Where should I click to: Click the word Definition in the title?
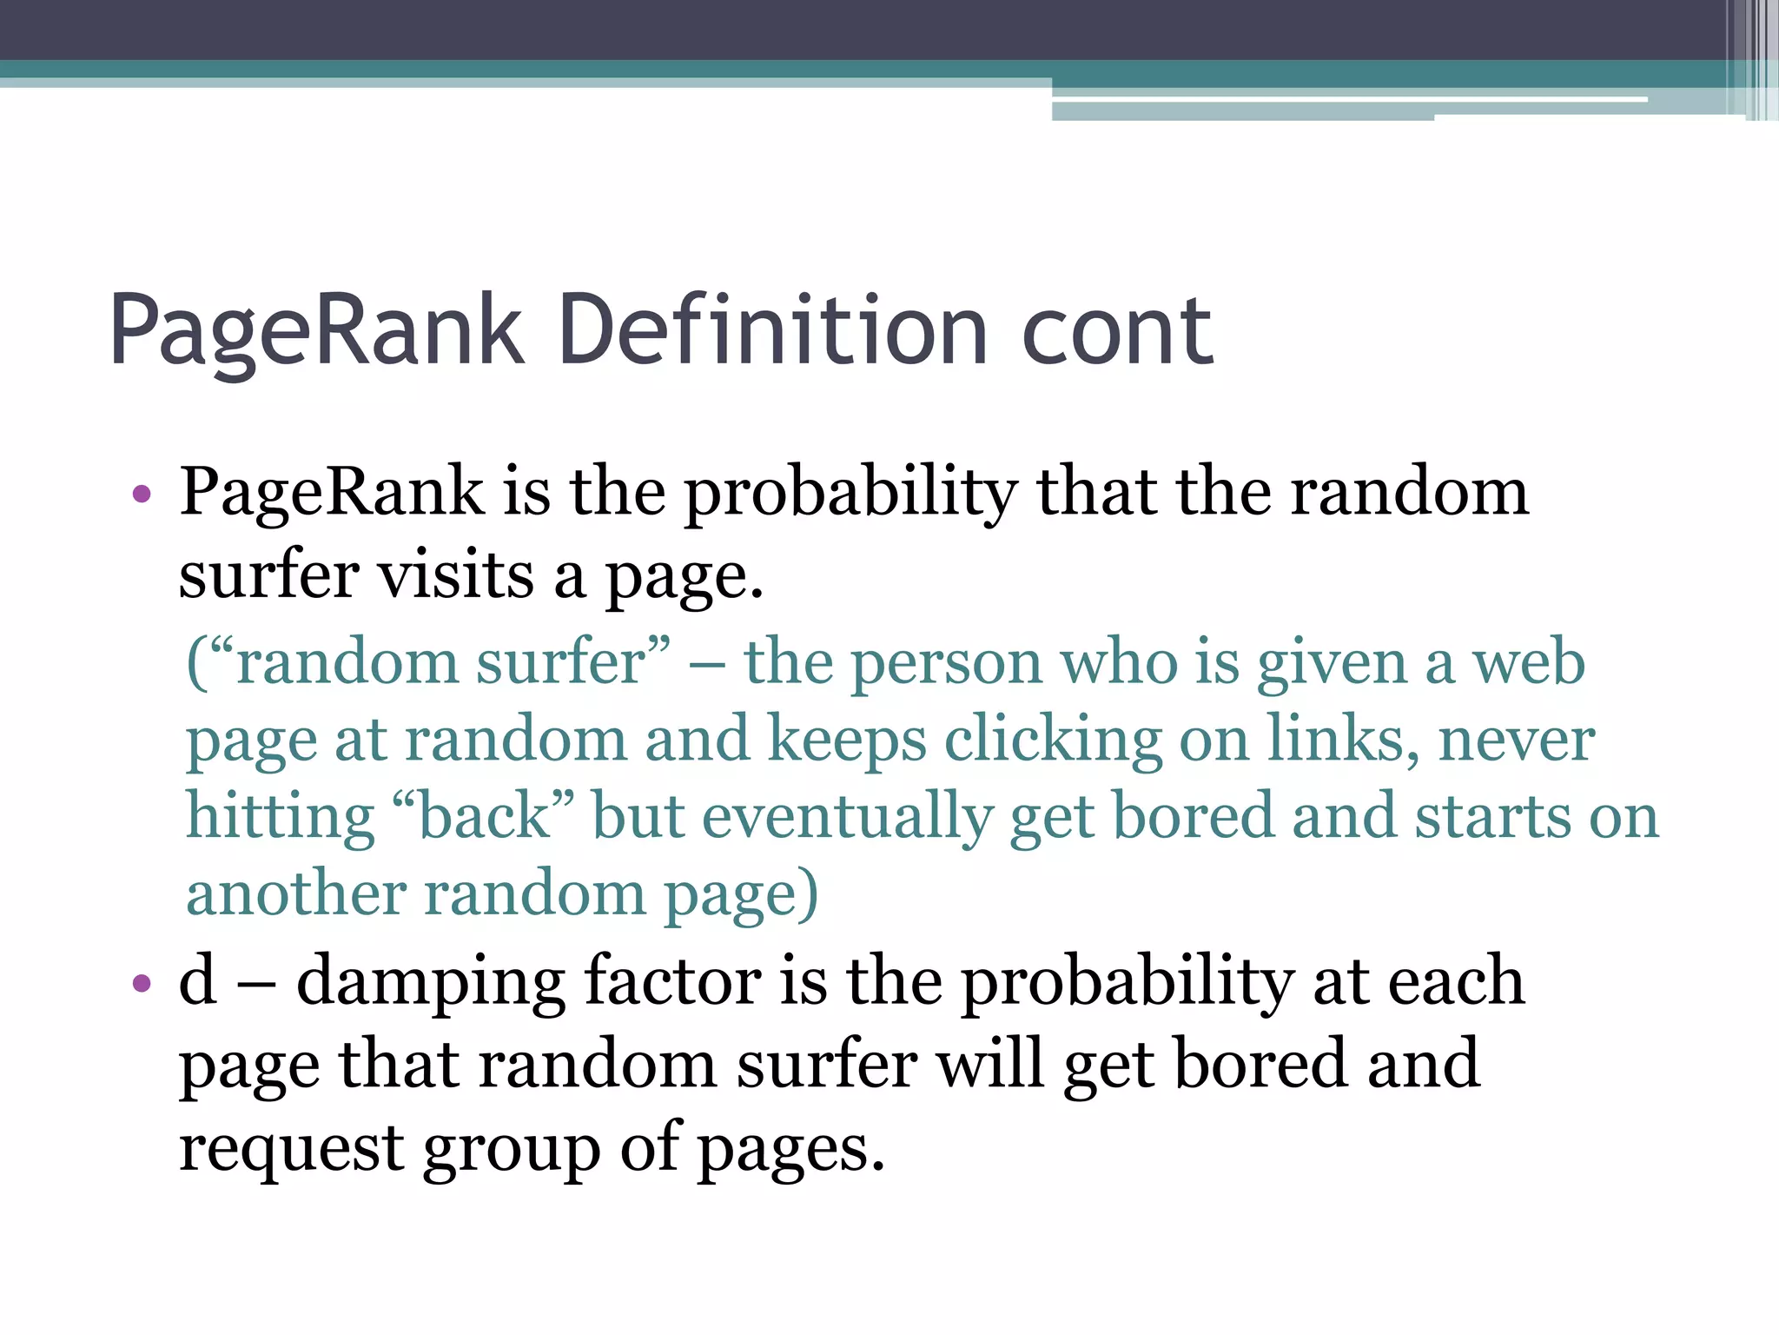(x=773, y=331)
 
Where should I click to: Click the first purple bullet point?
(x=142, y=495)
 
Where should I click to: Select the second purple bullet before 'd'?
(x=142, y=984)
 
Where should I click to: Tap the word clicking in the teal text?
(x=1053, y=741)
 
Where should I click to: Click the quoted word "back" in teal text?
(x=484, y=817)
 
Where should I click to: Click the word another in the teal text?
(x=296, y=893)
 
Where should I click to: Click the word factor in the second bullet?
(x=672, y=980)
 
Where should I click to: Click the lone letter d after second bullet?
(x=198, y=980)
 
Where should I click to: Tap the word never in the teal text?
(x=1516, y=741)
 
